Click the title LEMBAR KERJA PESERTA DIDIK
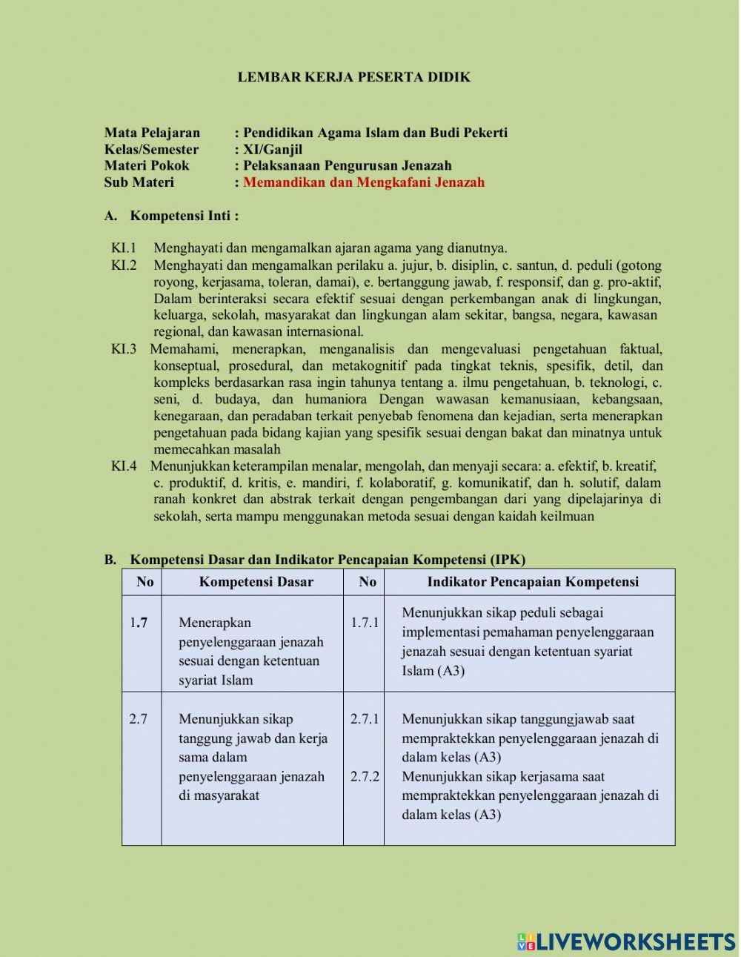(353, 77)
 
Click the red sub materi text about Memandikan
(363, 182)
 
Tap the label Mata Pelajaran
(152, 133)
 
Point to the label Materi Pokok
(147, 165)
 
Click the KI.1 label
(124, 248)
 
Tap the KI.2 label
(124, 265)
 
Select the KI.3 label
(124, 349)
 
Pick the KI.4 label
(124, 466)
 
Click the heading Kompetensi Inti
(184, 216)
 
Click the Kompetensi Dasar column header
(256, 582)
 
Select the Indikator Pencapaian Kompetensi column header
(532, 582)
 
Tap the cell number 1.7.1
(365, 623)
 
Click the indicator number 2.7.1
(365, 719)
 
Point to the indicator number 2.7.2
(365, 777)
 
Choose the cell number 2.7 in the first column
(138, 719)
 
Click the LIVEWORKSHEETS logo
(626, 941)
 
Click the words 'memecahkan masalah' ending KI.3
(217, 449)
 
